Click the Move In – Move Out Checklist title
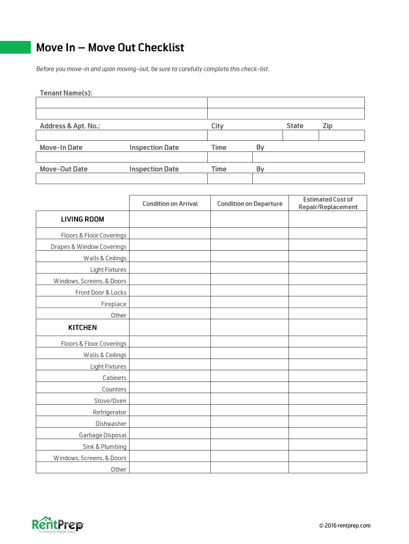click(x=110, y=48)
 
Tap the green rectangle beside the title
click(x=15, y=47)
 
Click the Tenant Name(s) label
click(x=66, y=93)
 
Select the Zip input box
click(x=342, y=135)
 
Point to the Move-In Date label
click(x=61, y=147)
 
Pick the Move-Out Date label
click(x=64, y=169)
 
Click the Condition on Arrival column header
click(x=170, y=203)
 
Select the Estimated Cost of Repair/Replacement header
click(x=328, y=203)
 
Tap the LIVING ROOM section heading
click(x=82, y=219)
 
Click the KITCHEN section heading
click(x=82, y=327)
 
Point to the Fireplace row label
click(x=114, y=304)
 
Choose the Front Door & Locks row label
click(x=101, y=292)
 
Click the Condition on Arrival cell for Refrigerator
click(x=170, y=412)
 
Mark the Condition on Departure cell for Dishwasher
click(x=250, y=423)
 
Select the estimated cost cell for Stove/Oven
click(x=328, y=401)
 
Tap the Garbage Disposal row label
click(x=103, y=435)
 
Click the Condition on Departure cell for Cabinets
click(x=250, y=378)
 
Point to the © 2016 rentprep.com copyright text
click(x=345, y=525)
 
